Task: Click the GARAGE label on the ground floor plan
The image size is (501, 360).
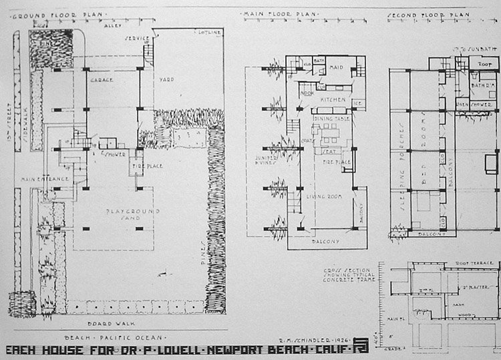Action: (x=102, y=79)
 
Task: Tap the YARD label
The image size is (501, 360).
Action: (x=166, y=79)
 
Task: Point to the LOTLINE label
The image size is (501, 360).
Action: (x=208, y=32)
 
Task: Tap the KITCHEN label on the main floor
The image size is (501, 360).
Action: (x=333, y=100)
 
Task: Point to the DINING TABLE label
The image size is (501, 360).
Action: (x=331, y=118)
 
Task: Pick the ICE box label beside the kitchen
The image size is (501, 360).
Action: (x=359, y=103)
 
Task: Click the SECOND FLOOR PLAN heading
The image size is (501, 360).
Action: (x=425, y=15)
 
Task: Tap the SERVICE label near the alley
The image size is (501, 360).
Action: (x=136, y=38)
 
